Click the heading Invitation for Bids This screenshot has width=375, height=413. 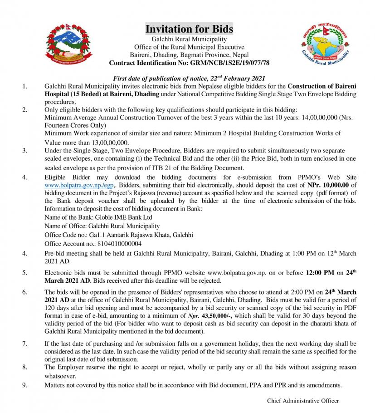pos(189,29)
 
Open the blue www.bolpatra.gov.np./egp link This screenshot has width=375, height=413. pos(79,185)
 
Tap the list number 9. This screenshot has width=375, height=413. pos(24,385)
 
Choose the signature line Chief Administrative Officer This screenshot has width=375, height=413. pos(303,401)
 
